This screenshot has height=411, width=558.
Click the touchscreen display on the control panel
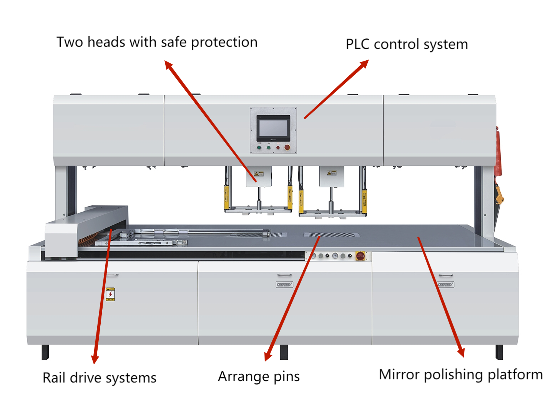pos(273,128)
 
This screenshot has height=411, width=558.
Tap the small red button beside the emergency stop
pos(278,147)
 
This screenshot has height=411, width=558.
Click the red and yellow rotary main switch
pos(360,256)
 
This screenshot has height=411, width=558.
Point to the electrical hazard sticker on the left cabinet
pos(110,294)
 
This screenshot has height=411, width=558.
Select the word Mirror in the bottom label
pos(399,375)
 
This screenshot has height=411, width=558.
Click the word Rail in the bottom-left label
pos(53,378)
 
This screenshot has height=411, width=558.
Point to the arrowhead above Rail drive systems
pos(95,359)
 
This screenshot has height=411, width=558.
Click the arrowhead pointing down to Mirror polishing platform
pos(461,352)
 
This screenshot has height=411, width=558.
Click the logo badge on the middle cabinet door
pos(284,285)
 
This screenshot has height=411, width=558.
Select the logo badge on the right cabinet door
pos(446,285)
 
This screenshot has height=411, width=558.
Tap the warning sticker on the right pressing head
pos(331,173)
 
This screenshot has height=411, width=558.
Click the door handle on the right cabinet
pos(446,275)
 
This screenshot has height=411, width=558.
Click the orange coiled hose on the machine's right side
pos(498,154)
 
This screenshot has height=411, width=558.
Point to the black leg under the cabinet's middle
pos(284,352)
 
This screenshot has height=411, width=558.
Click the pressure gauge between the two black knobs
pos(335,256)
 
